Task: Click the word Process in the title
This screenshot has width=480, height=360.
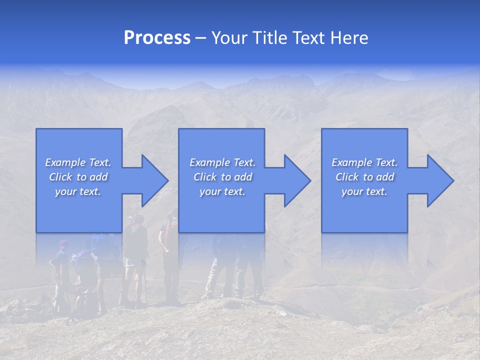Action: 157,38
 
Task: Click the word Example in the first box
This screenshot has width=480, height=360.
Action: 65,162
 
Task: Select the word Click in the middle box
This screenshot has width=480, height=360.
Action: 205,177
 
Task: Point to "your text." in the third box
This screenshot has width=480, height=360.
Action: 364,191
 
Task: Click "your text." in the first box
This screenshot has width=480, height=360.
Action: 78,191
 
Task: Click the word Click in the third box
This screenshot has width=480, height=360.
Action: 347,177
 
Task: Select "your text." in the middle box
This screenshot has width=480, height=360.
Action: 222,191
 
